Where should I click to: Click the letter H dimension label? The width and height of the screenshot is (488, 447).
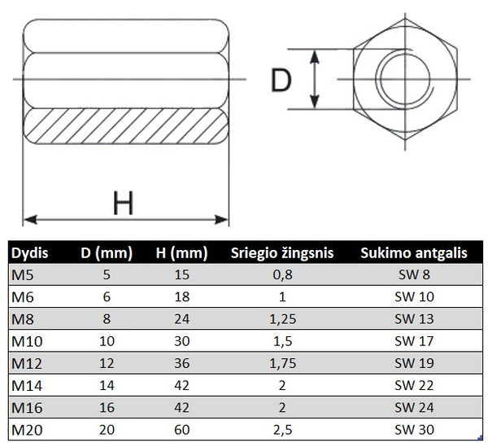[124, 203]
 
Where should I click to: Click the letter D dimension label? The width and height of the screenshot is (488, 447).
[281, 80]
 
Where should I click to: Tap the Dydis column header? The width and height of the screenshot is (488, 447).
[29, 253]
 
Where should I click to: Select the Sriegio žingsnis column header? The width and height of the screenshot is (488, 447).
[282, 253]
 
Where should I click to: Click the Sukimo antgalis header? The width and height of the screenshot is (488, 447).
[414, 253]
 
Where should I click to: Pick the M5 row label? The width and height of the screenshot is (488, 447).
[23, 275]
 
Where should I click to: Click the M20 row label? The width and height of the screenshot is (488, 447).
[27, 430]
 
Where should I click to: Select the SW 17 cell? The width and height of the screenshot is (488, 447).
[414, 341]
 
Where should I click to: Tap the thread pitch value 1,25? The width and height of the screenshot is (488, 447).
[282, 319]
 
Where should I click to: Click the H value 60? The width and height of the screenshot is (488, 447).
[181, 430]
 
